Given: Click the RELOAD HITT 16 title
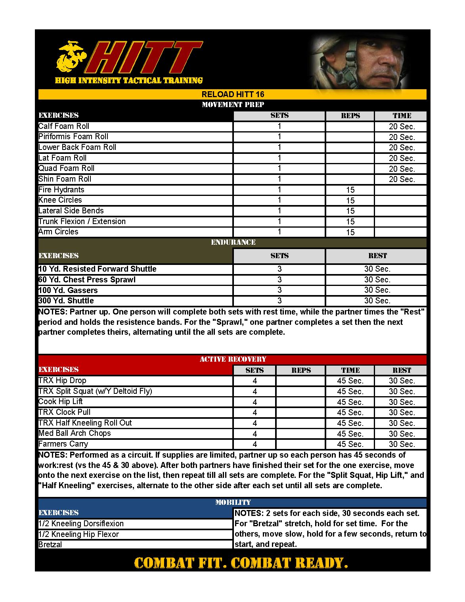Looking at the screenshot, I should [x=233, y=94].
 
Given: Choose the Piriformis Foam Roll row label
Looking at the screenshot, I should [x=73, y=137].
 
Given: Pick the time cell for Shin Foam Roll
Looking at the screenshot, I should [x=401, y=179].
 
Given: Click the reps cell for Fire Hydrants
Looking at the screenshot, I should [x=350, y=190].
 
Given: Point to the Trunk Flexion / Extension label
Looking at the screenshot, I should [x=82, y=221].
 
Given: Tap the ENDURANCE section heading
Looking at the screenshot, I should [x=233, y=242].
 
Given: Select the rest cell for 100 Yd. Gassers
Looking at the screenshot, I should [x=377, y=290].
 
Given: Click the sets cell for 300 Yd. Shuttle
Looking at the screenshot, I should [x=279, y=301].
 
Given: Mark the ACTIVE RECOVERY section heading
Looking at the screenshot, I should [x=233, y=359].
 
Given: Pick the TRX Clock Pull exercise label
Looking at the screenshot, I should [x=65, y=412].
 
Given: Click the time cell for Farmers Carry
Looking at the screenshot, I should [x=350, y=444].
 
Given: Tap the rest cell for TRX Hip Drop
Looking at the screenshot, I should [x=401, y=381].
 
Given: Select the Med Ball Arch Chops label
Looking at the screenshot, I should [x=75, y=433].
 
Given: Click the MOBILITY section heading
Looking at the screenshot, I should [x=233, y=502].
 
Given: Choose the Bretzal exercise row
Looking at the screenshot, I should [x=50, y=544].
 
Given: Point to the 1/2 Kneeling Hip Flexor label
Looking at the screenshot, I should [x=79, y=534].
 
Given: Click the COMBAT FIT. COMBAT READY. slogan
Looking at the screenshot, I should [x=241, y=563].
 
